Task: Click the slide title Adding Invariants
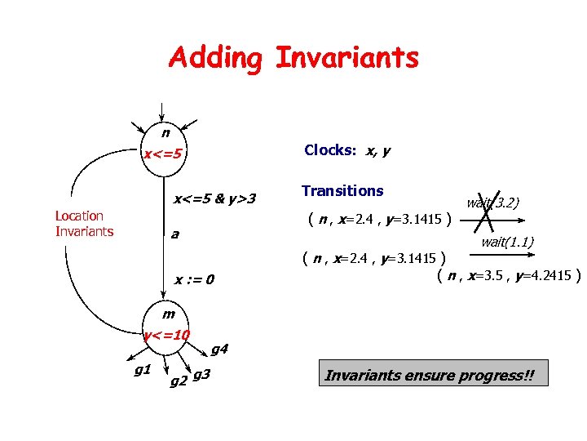point(293,58)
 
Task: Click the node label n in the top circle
point(166,132)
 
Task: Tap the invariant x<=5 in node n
point(163,154)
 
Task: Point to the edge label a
point(174,234)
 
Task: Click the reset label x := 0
point(194,281)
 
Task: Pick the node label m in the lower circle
point(168,314)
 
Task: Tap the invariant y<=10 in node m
point(166,335)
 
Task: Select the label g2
point(178,379)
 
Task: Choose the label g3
point(203,374)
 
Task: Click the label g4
point(219,350)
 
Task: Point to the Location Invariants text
point(84,223)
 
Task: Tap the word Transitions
point(342,190)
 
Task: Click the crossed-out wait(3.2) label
point(493,203)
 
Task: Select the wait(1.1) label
point(507,242)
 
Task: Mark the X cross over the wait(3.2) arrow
point(488,211)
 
